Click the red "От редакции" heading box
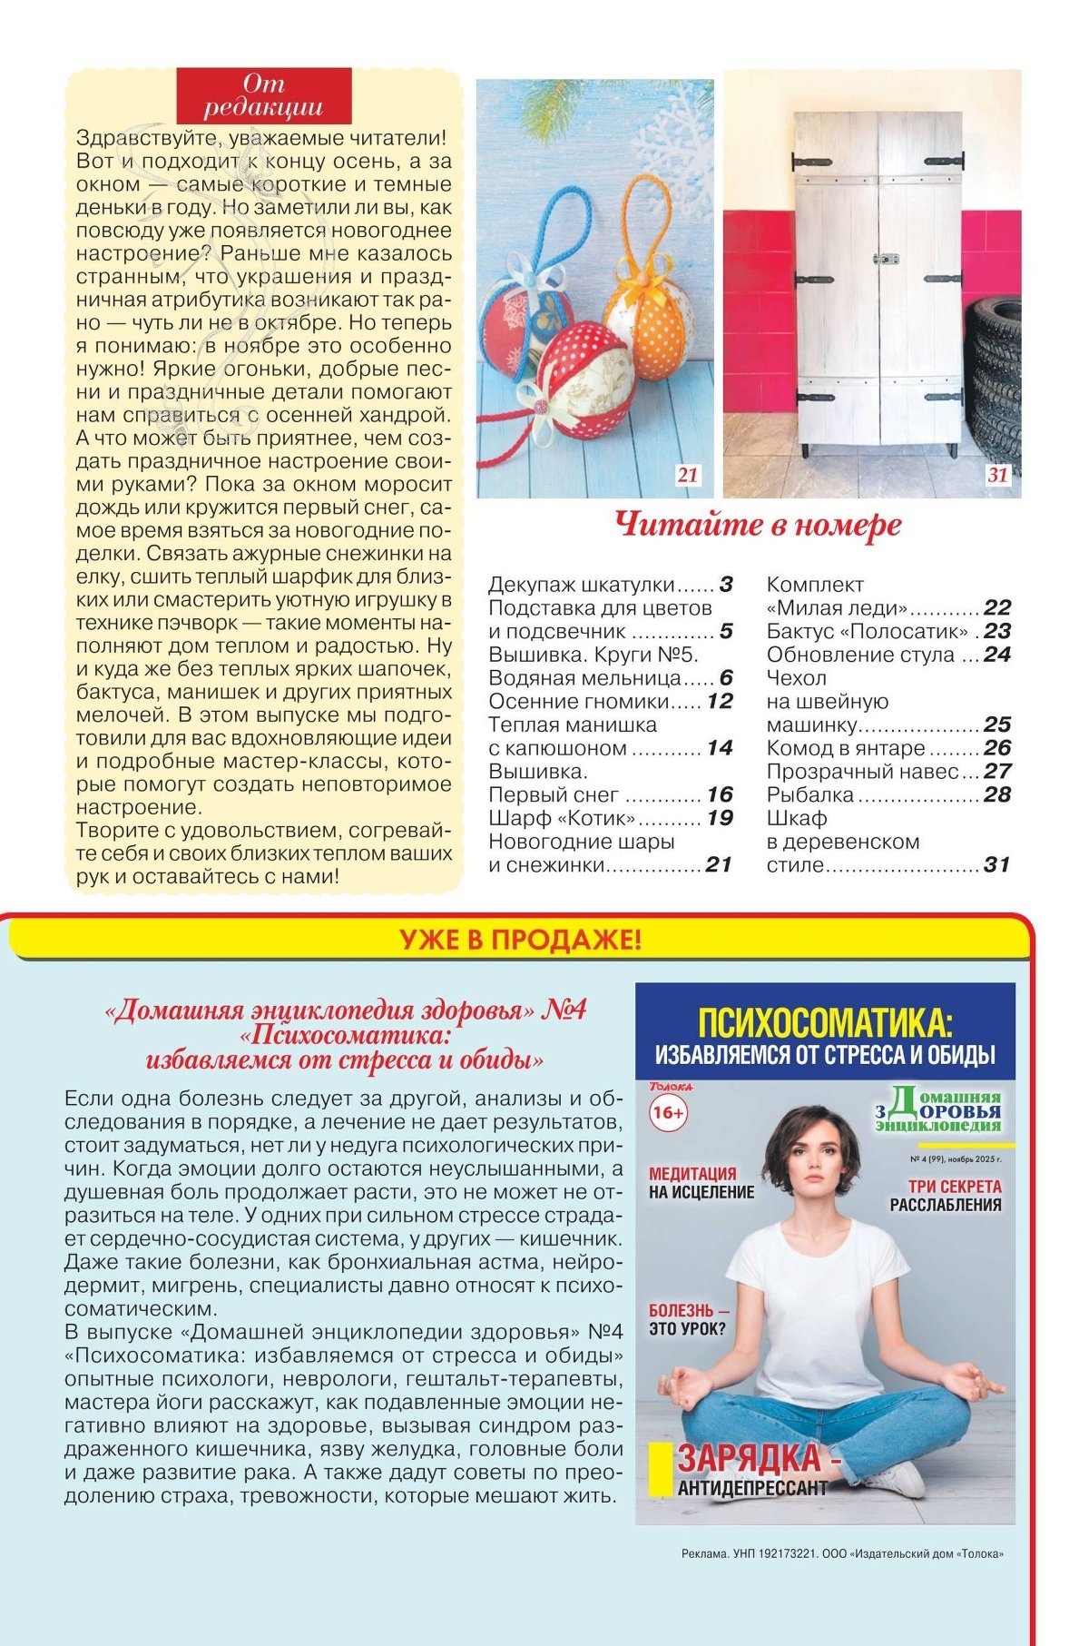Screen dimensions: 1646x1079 [263, 95]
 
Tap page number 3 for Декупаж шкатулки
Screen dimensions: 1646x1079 [726, 585]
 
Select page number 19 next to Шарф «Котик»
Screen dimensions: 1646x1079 [720, 818]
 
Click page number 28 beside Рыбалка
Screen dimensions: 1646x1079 [996, 795]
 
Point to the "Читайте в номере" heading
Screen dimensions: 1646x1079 [758, 526]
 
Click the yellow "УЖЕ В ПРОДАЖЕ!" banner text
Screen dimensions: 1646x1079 [520, 940]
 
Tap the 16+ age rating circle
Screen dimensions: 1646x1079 [669, 1113]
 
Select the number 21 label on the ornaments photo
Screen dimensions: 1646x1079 [688, 475]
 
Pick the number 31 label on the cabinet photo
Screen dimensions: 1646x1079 [997, 475]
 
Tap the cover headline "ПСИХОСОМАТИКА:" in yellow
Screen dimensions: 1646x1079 [825, 1023]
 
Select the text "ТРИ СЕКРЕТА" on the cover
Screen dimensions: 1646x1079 [955, 1187]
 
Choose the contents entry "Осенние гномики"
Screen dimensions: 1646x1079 [578, 702]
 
